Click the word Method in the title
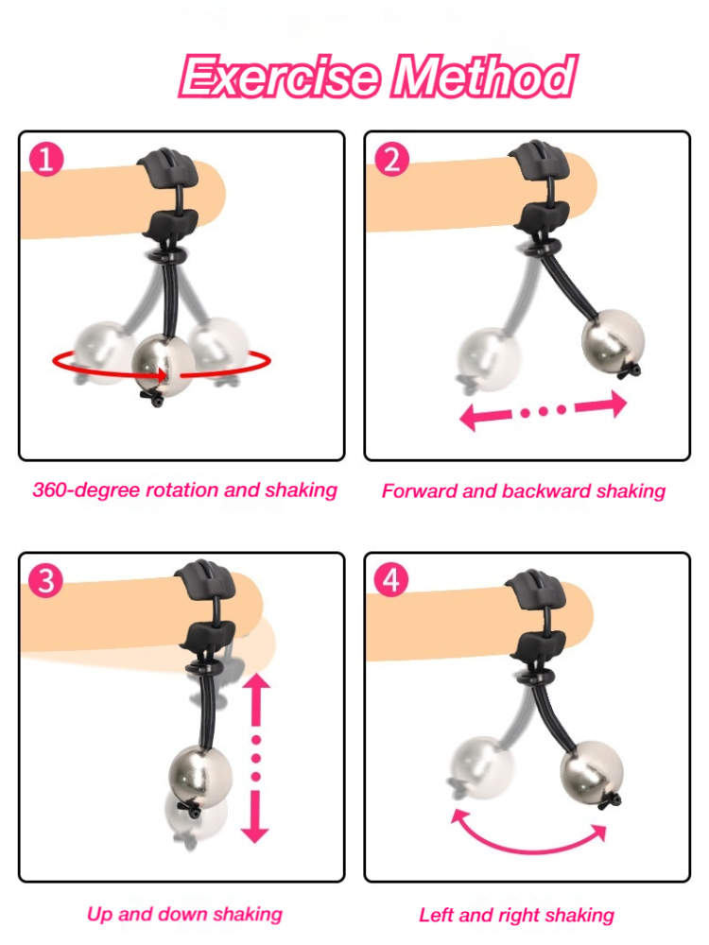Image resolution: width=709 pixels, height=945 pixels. (x=484, y=76)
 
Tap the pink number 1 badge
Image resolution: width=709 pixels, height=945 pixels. (x=46, y=159)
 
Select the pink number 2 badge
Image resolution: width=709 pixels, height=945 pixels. (x=392, y=159)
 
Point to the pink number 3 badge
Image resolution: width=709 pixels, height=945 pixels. (x=45, y=580)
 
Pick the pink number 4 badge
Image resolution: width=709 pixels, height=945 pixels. (x=391, y=580)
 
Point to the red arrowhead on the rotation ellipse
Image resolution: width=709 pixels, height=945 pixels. (x=161, y=375)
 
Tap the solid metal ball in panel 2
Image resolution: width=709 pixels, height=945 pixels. (x=613, y=340)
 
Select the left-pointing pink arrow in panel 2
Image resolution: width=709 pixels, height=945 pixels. (x=486, y=417)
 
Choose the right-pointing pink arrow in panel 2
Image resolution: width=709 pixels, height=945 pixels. (x=600, y=404)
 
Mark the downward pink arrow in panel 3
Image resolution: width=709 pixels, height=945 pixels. (x=255, y=816)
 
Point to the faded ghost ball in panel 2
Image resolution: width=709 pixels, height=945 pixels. (x=489, y=359)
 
